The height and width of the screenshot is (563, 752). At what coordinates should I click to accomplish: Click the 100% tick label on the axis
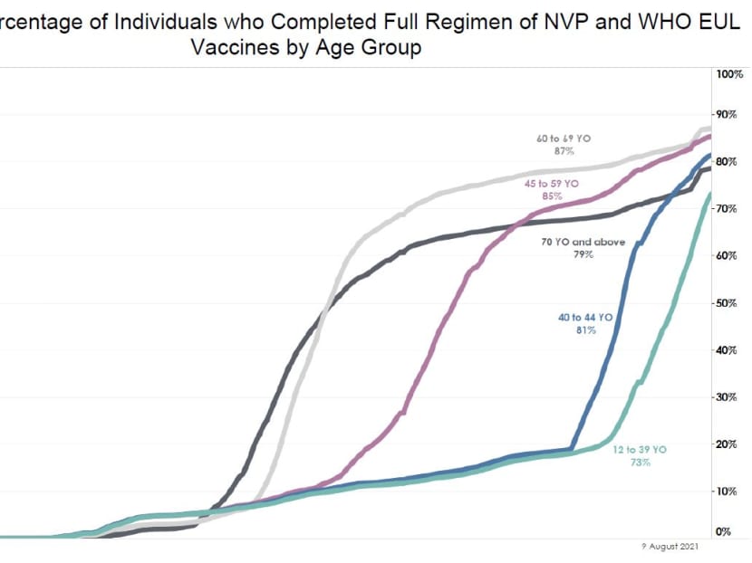coord(730,73)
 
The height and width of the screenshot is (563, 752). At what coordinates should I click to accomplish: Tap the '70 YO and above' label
coord(583,243)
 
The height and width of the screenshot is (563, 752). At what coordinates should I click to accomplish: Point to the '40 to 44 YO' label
coord(585,318)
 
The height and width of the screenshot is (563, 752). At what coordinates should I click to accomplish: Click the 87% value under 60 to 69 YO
coord(564,151)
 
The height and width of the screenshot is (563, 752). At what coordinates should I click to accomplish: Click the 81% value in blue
coord(585,330)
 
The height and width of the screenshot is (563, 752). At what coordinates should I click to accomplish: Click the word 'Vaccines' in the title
coord(231,48)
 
